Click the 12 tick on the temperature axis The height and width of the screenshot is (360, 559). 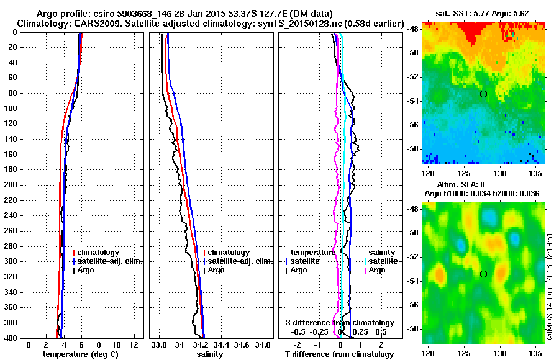click(x=133, y=344)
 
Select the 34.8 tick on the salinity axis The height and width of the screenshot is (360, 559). click(x=263, y=344)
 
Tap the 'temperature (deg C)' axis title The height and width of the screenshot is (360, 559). click(x=81, y=354)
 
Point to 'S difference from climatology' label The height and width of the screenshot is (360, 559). click(x=340, y=323)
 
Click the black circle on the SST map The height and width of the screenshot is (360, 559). click(x=483, y=94)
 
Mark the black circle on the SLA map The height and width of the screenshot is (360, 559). click(x=483, y=274)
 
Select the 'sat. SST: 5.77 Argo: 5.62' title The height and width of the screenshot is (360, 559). click(x=483, y=13)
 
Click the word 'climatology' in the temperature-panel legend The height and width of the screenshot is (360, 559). click(x=102, y=253)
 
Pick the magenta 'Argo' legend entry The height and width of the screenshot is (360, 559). click(x=377, y=270)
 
